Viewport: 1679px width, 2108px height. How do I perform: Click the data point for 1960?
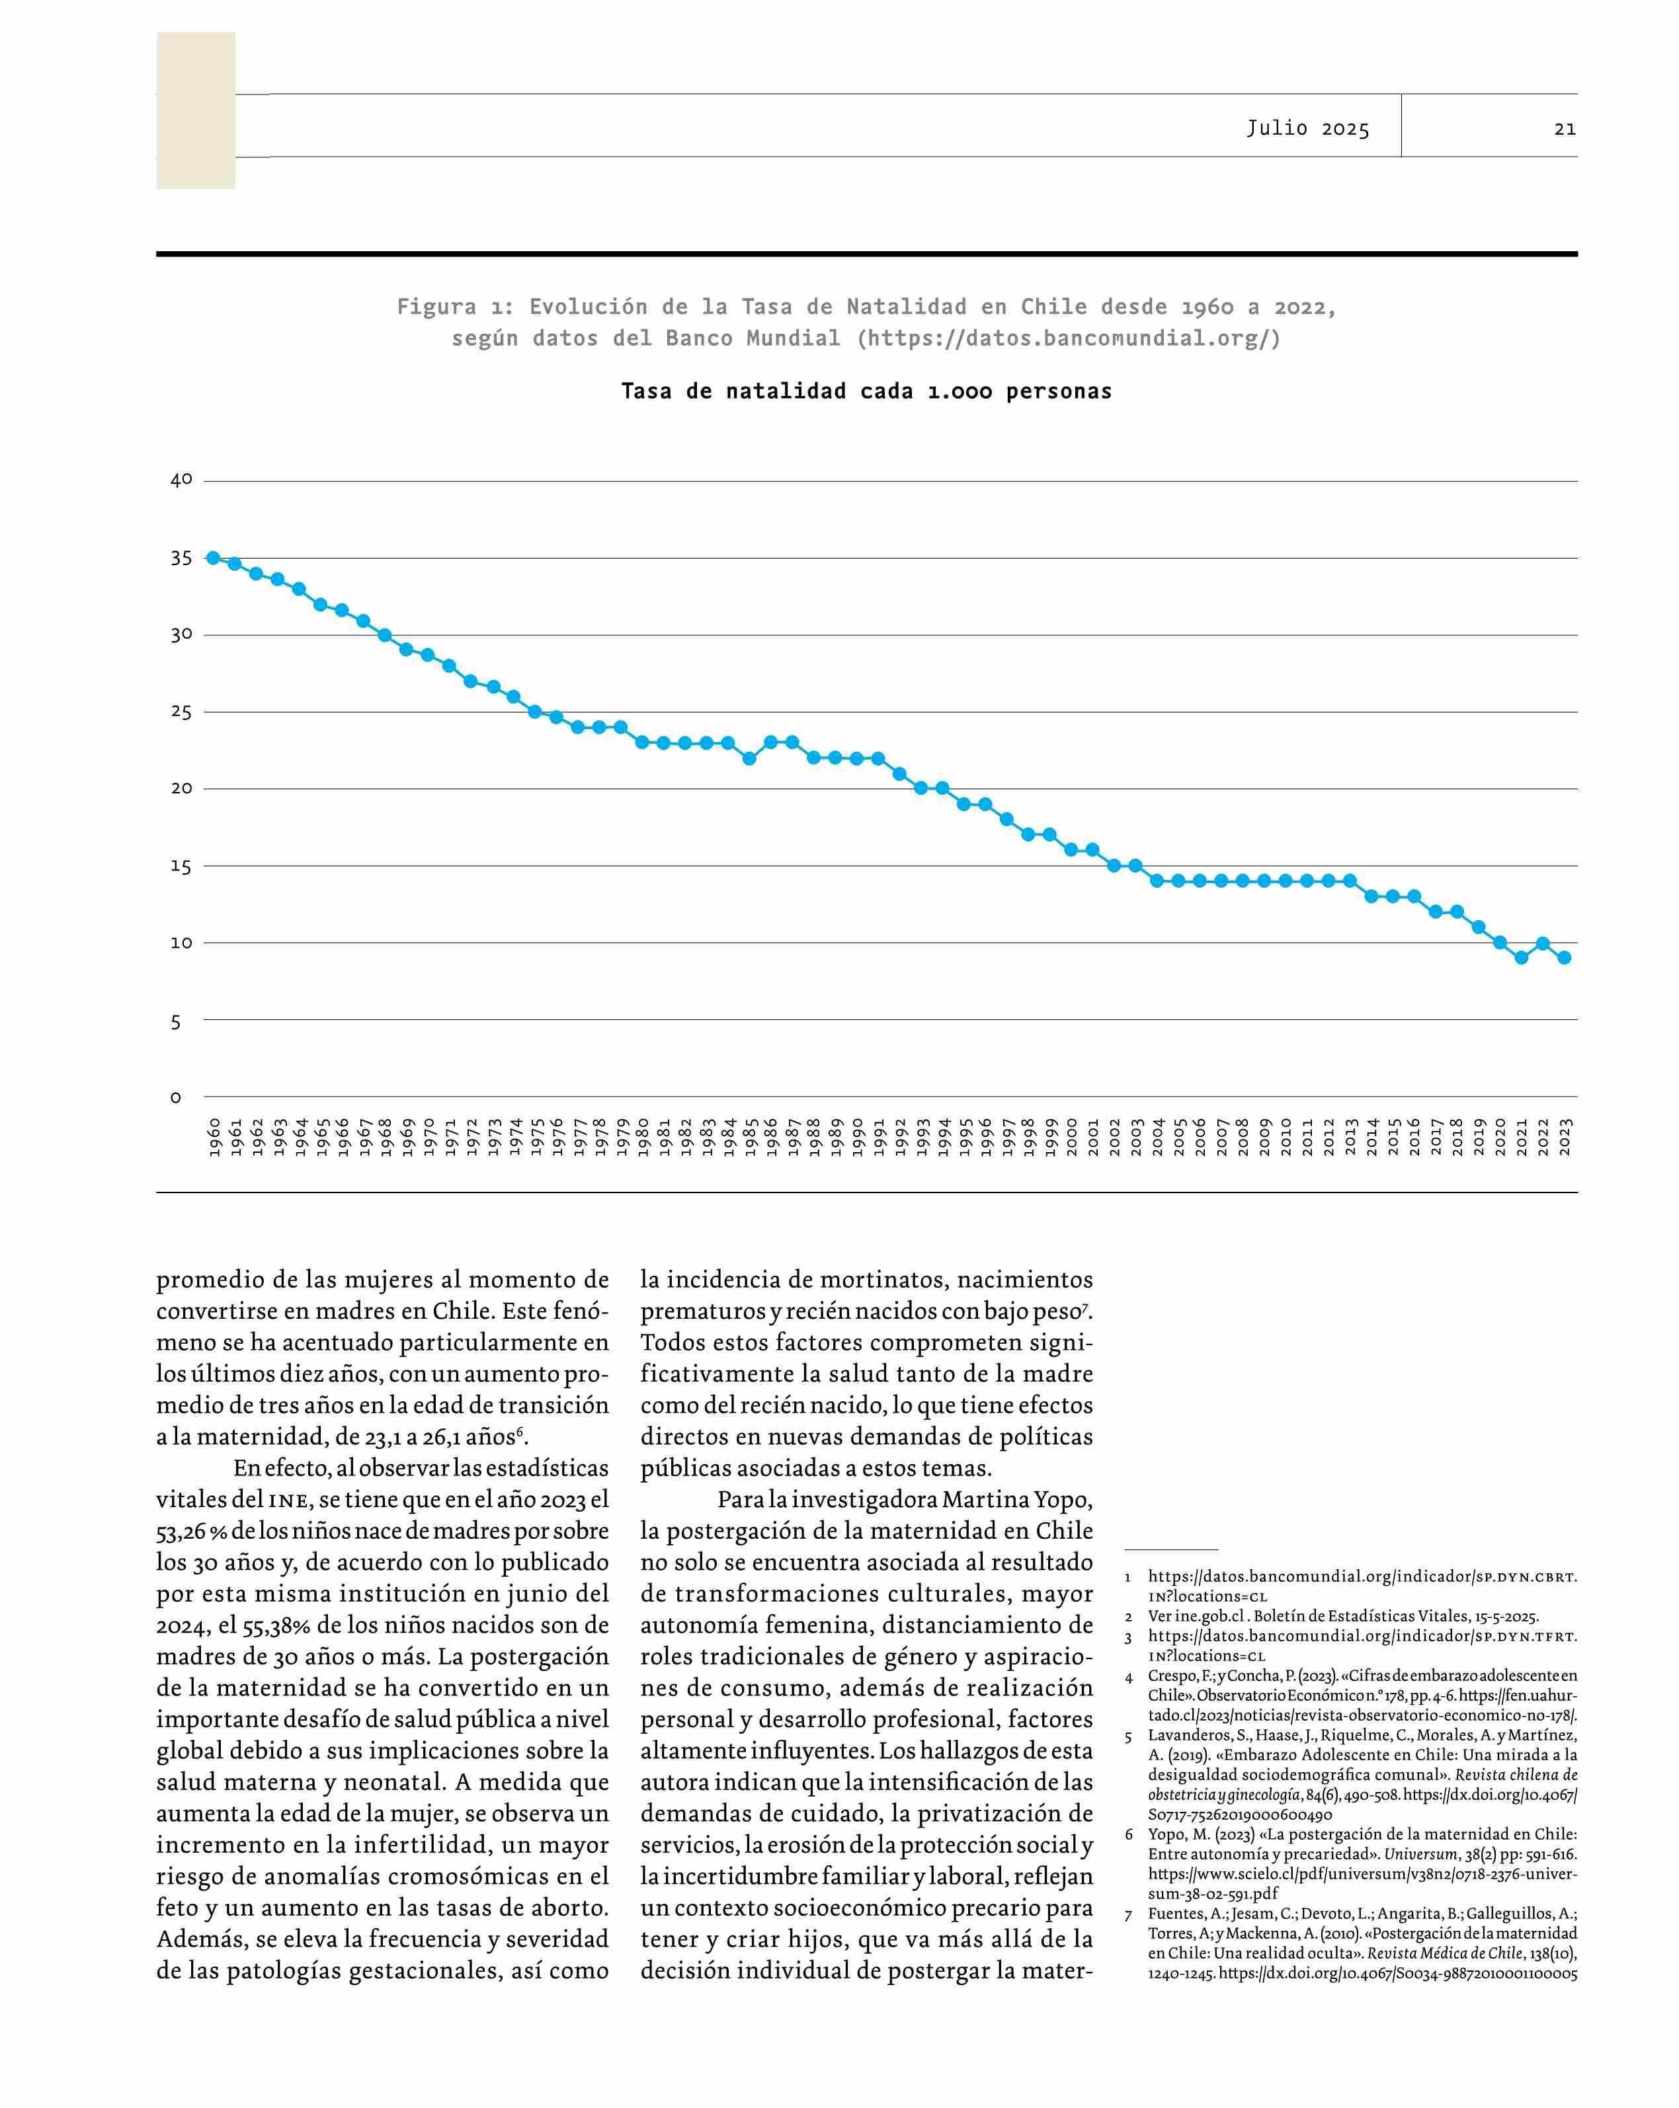(x=212, y=557)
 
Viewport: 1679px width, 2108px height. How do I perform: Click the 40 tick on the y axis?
(x=182, y=480)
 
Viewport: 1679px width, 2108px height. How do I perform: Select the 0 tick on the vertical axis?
(x=176, y=1098)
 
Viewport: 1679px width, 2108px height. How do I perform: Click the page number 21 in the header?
(x=1565, y=128)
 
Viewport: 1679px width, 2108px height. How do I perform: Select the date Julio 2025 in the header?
(x=1307, y=128)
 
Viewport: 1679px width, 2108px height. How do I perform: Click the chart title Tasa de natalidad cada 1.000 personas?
(x=866, y=392)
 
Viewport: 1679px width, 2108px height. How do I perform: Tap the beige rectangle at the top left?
(x=196, y=110)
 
